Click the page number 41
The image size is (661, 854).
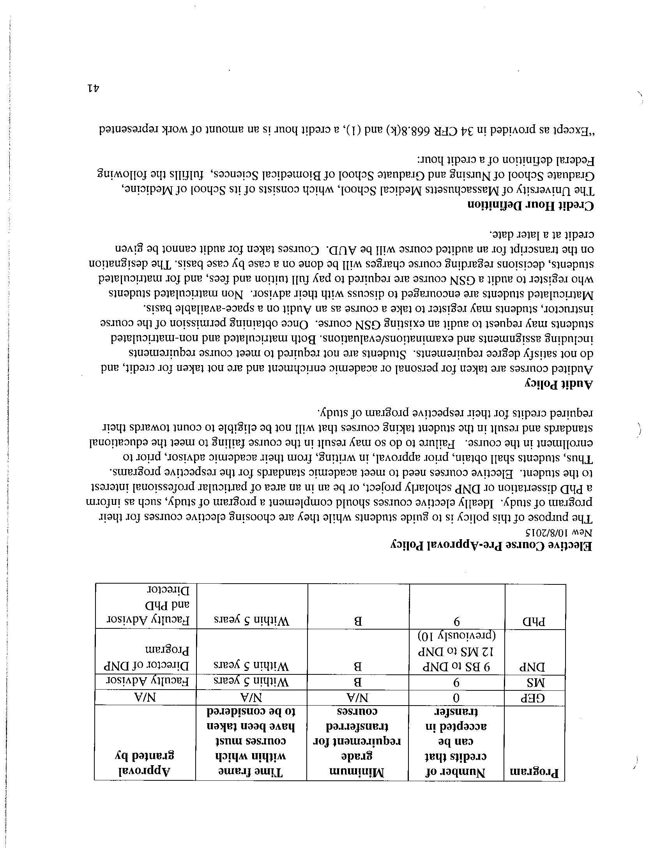pos(93,88)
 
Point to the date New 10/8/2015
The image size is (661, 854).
pos(562,533)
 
